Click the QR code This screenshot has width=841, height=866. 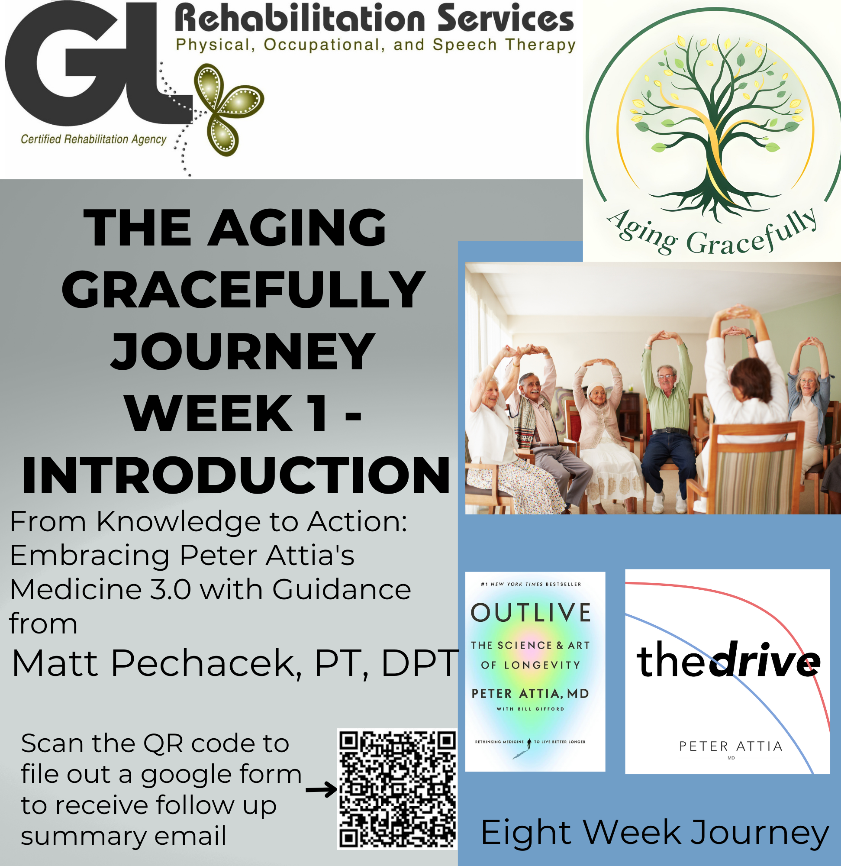click(397, 788)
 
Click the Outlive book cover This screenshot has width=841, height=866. click(535, 672)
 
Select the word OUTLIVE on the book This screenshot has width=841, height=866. click(531, 613)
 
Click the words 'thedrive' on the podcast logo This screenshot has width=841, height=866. click(728, 661)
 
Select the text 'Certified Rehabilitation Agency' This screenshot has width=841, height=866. click(93, 139)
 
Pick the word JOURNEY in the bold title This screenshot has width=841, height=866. click(242, 351)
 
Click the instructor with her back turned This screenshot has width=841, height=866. click(747, 397)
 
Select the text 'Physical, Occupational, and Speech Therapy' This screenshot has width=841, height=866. click(375, 45)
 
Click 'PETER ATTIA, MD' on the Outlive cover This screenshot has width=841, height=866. click(531, 694)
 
